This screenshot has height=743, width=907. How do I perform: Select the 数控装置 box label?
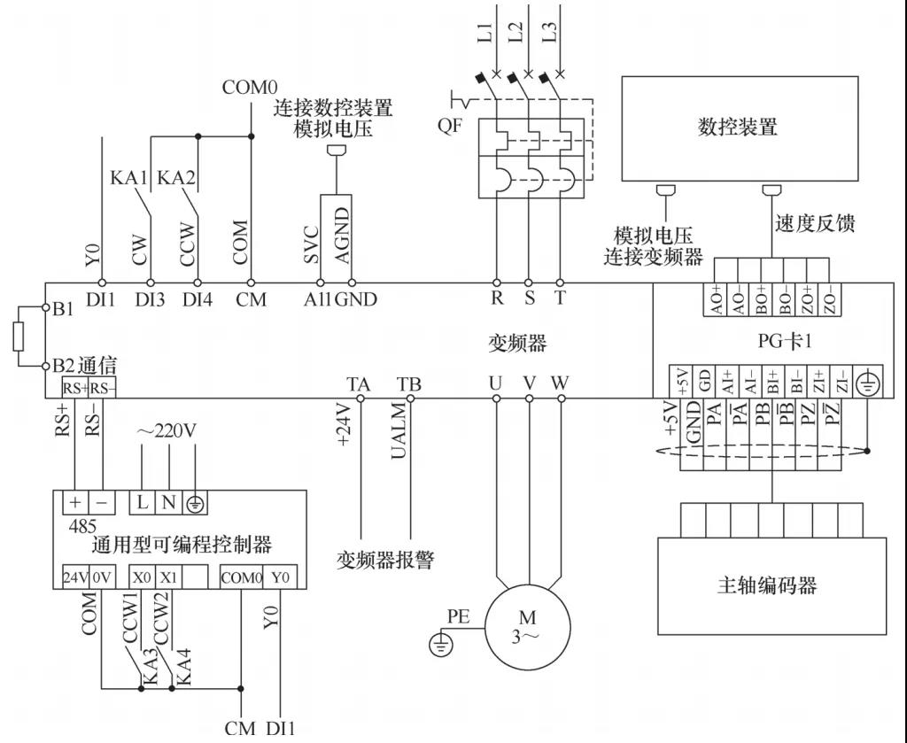(738, 127)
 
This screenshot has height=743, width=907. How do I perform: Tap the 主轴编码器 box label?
(766, 585)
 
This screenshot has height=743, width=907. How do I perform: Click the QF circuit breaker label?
(449, 126)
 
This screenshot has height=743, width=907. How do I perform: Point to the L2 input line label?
(516, 34)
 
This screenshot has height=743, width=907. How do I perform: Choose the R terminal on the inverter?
(497, 298)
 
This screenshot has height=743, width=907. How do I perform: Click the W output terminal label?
(560, 383)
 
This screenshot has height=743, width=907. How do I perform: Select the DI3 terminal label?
(149, 299)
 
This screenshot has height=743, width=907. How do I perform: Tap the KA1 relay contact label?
(128, 177)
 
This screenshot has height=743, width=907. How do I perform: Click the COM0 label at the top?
(250, 87)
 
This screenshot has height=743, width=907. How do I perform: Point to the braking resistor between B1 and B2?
(19, 337)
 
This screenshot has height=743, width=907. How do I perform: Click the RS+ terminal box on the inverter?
(74, 387)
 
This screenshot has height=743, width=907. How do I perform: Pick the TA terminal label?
(359, 383)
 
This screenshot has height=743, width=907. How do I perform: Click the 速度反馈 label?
(815, 223)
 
